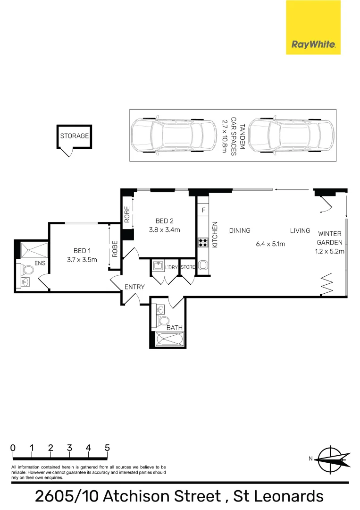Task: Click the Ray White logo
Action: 313,27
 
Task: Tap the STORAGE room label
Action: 74,136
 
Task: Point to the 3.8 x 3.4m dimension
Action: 165,230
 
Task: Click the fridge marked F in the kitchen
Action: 203,209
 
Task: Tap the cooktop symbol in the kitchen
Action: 203,242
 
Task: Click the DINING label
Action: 240,230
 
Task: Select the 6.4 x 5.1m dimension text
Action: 271,244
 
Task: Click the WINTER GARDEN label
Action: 330,238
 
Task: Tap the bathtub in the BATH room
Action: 168,339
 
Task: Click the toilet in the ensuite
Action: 28,271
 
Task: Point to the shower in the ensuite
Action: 33,249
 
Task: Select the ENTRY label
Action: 134,287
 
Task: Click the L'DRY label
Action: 171,268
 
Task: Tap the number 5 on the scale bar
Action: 108,448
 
